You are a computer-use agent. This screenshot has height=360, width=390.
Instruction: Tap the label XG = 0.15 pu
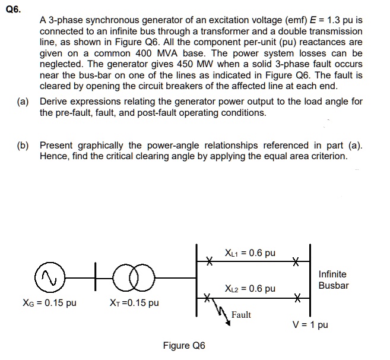pyautogui.click(x=50, y=303)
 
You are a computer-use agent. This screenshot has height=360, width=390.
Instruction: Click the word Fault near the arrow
pyautogui.click(x=241, y=315)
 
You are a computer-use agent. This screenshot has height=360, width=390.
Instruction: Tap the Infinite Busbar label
pyautogui.click(x=333, y=280)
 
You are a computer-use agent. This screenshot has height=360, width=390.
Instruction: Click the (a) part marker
pyautogui.click(x=24, y=102)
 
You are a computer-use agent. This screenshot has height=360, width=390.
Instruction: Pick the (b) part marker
pyautogui.click(x=24, y=146)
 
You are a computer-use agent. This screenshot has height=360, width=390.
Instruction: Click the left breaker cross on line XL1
pyautogui.click(x=208, y=260)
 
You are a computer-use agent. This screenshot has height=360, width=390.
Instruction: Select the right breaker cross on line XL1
pyautogui.click(x=295, y=260)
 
